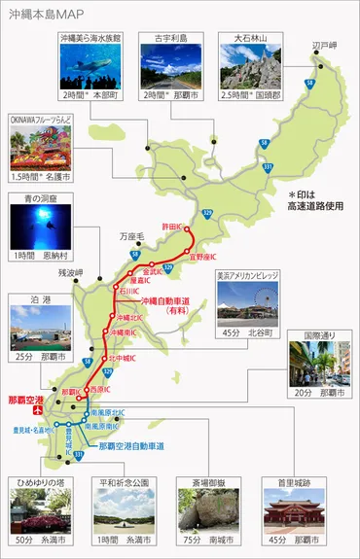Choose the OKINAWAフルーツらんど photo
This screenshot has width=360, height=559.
tap(35, 149)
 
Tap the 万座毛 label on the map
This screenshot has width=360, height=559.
tap(132, 235)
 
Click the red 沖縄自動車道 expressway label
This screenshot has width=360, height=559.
tap(173, 302)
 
